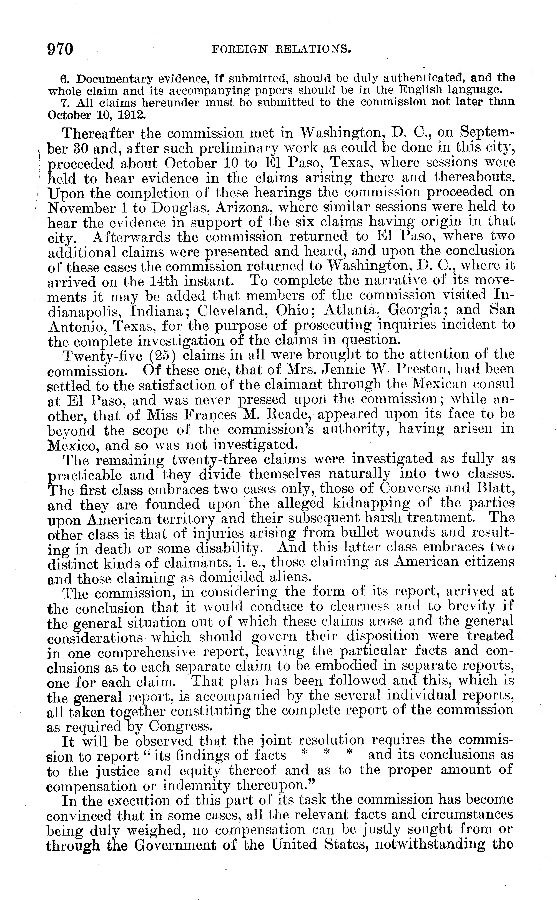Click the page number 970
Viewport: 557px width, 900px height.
click(61, 49)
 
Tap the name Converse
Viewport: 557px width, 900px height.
click(409, 489)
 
